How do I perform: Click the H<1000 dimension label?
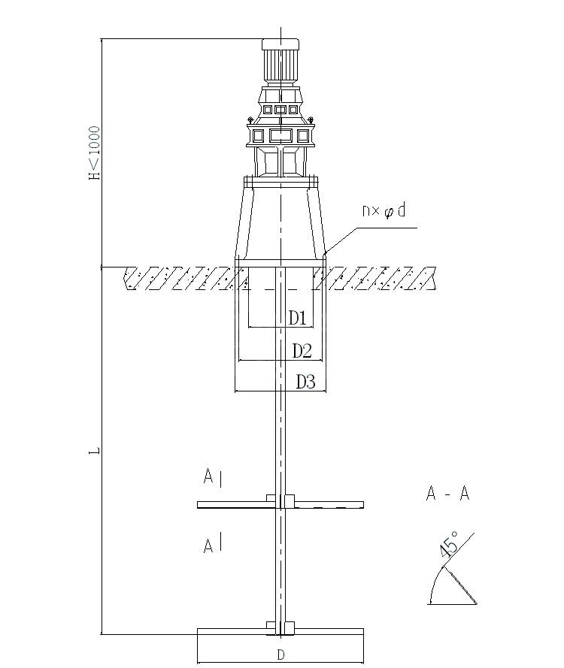point(95,153)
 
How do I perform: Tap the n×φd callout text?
point(384,210)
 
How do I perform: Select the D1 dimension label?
point(298,318)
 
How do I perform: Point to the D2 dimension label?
point(302,351)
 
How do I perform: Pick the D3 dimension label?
point(305,382)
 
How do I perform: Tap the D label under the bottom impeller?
point(280,654)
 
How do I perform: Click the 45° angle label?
point(449,544)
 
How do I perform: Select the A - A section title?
point(447,494)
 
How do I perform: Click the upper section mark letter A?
point(208,476)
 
